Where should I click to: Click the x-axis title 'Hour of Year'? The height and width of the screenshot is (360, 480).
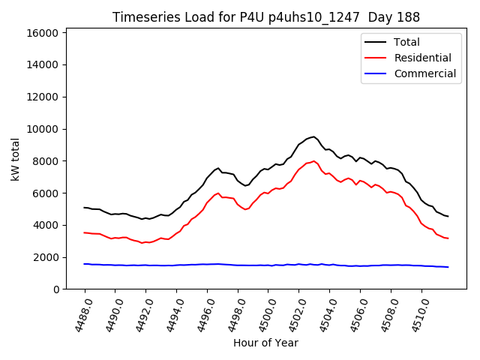tap(265, 343)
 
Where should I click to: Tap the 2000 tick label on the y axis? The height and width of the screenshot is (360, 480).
tap(46, 257)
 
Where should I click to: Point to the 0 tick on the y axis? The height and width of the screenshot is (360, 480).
tap(56, 289)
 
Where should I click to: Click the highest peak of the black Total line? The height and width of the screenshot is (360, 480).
tap(313, 136)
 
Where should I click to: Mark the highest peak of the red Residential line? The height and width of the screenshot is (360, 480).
tap(313, 160)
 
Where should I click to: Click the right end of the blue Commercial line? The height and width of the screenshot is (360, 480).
tap(448, 267)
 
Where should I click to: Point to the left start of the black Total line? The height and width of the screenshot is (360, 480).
tap(84, 208)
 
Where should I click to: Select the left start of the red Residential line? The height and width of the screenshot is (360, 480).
tap(84, 232)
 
